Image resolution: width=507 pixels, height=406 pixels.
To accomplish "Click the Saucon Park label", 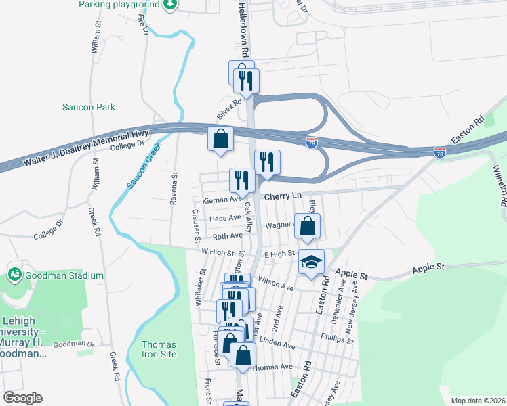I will click(x=89, y=107).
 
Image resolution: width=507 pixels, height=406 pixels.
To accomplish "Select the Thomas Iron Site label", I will click(x=159, y=349).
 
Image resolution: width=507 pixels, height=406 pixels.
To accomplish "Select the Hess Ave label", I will click(x=226, y=219).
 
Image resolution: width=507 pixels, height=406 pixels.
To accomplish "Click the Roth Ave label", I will click(x=227, y=236).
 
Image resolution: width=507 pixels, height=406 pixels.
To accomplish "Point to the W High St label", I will click(x=217, y=252).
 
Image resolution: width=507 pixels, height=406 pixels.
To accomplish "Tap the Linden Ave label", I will click(x=277, y=344).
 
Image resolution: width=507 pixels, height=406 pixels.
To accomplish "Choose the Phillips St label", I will click(x=338, y=338).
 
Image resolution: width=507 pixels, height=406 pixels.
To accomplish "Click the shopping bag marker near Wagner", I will click(x=308, y=228).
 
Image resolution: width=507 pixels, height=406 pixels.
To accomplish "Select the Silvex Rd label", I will click(x=228, y=109).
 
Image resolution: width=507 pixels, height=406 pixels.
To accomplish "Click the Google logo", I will click(x=22, y=398).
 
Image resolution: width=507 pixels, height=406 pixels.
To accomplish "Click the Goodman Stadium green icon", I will click(x=13, y=275).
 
